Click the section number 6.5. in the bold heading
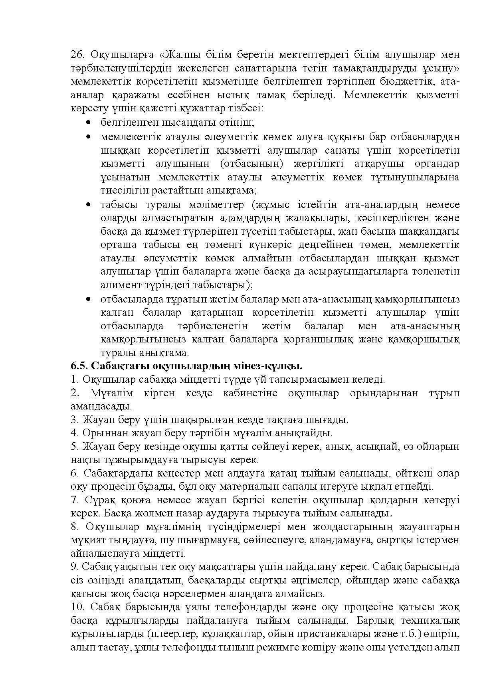coord(79,366)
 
